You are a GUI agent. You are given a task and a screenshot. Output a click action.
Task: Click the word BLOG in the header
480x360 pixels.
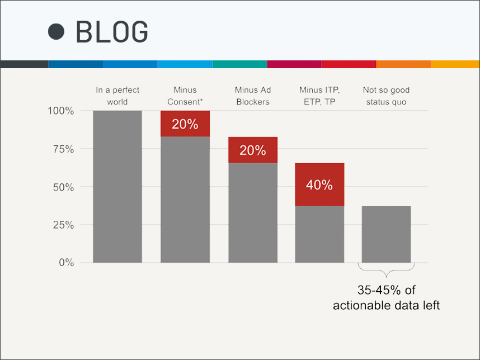[112, 31]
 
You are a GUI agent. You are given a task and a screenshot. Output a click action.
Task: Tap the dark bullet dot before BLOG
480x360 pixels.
[57, 31]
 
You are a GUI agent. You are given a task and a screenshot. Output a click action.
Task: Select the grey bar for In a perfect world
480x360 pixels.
[117, 187]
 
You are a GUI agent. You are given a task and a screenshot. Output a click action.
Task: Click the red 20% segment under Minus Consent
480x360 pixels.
[185, 124]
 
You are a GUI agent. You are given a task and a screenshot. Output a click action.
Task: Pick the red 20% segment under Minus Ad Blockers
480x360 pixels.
[253, 150]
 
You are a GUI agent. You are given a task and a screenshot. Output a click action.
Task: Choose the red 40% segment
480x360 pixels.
[319, 184]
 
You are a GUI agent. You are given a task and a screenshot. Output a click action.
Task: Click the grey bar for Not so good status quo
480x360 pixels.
[387, 234]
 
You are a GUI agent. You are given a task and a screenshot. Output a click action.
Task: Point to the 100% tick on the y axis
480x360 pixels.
[60, 111]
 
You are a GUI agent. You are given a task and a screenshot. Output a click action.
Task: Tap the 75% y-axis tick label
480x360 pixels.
[63, 149]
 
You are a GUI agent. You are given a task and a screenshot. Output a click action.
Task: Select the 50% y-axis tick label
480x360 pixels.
[63, 187]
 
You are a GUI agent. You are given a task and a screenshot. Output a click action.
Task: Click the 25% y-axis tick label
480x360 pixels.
[63, 225]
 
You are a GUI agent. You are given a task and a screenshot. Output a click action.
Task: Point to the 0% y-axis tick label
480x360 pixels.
[67, 262]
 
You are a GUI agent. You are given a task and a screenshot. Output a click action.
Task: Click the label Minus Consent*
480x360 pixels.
[185, 96]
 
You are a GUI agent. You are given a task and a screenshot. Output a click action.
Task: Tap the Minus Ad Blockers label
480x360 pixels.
[253, 96]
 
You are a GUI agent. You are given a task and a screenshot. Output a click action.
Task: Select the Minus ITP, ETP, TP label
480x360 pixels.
[319, 96]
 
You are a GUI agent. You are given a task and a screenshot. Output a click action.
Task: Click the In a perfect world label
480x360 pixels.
[117, 96]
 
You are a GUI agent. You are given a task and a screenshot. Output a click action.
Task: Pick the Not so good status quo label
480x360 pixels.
[387, 96]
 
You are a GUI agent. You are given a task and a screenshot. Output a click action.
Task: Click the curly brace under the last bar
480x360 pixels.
[387, 271]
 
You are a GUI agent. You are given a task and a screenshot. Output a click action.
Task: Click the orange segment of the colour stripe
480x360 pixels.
[403, 64]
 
